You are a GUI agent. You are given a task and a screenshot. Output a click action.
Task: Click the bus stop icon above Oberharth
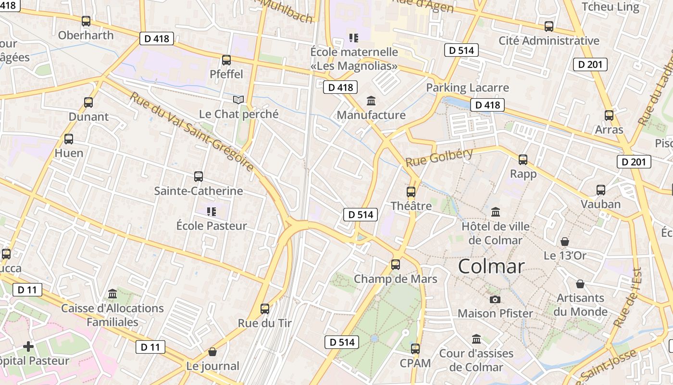[86, 21]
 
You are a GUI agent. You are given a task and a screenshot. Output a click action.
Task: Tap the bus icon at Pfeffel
[226, 60]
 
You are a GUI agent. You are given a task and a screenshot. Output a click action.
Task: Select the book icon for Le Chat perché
[238, 100]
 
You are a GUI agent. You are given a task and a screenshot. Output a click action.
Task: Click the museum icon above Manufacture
[371, 101]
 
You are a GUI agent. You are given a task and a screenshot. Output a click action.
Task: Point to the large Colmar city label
[491, 266]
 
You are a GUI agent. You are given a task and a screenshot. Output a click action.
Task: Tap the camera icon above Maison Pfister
[495, 299]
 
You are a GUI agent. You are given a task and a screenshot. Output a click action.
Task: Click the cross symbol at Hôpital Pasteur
[28, 346]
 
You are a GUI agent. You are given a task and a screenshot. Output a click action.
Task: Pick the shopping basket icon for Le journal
[212, 352]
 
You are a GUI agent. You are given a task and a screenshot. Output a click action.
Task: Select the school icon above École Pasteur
[212, 211]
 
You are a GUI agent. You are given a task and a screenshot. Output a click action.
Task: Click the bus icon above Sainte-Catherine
[199, 177]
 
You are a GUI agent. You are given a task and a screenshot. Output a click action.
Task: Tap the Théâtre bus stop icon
[411, 192]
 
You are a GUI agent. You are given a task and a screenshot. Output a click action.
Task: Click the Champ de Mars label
[396, 279]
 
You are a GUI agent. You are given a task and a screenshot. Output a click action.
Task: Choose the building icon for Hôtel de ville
[496, 212]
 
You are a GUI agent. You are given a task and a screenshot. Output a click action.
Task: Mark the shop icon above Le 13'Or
[565, 242]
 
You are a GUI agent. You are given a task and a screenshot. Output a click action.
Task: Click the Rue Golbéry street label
[439, 157]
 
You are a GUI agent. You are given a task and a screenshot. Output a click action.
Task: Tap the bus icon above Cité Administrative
[549, 26]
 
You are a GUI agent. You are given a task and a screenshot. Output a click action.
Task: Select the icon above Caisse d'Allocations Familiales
[112, 294]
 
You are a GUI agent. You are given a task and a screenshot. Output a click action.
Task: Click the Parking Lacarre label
[467, 88]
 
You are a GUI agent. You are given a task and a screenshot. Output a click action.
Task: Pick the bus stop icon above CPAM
[415, 349]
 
